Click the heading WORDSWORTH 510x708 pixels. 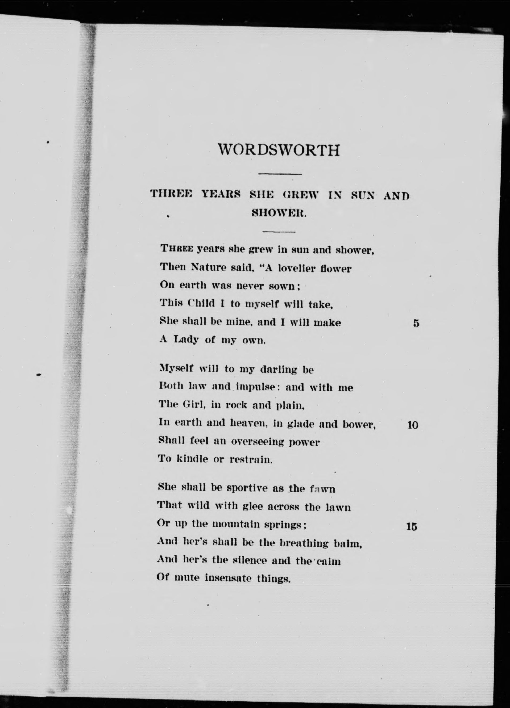[x=279, y=150]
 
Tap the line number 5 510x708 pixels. [x=416, y=324]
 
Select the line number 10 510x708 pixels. [x=413, y=425]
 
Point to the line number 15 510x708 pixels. [x=412, y=527]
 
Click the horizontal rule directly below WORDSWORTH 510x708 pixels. [x=280, y=174]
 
